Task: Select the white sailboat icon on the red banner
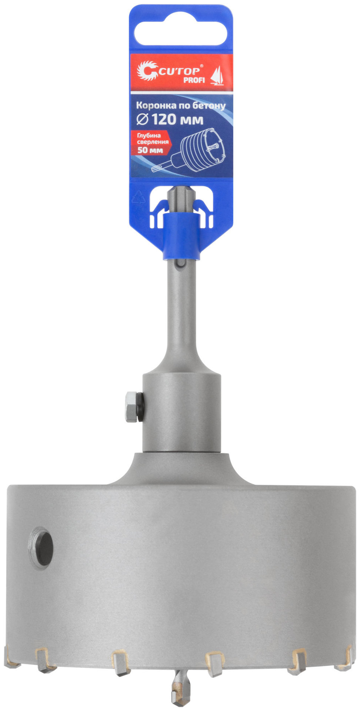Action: [x=217, y=76]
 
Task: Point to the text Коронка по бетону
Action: [x=181, y=106]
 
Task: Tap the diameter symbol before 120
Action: [x=142, y=120]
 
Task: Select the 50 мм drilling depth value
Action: [x=150, y=150]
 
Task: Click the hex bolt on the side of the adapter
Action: [x=132, y=407]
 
